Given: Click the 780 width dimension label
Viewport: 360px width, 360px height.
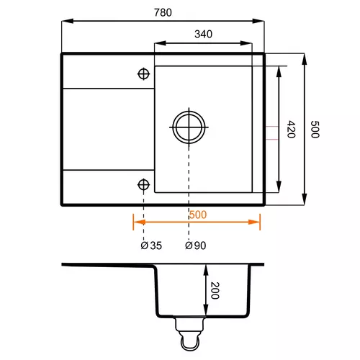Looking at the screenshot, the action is point(163,12).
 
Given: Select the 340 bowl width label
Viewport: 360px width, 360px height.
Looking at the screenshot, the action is point(203,34).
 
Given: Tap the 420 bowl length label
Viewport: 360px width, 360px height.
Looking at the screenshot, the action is point(291,129).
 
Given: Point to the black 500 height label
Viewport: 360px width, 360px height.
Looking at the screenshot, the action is point(315,130).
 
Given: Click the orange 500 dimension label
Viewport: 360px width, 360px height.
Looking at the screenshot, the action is point(198,215).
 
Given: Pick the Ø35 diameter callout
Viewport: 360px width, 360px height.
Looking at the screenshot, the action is point(151,246).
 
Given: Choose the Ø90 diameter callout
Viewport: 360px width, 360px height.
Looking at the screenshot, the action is point(196,246).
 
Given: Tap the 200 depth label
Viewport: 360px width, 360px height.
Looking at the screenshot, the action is point(215,290).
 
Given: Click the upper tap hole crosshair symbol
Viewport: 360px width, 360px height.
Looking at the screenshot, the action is point(143,73).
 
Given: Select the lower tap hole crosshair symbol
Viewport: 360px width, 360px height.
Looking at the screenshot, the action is point(143,184).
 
